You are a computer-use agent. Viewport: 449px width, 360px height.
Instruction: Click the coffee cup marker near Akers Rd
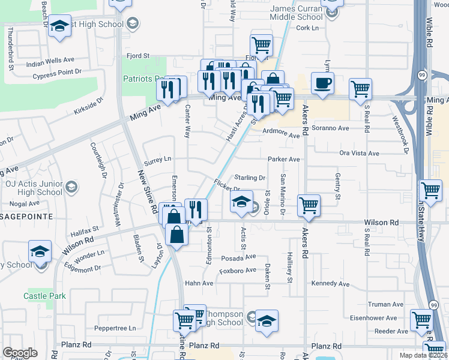pyautogui.click(x=323, y=84)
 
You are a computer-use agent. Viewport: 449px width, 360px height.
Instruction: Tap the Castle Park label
pyautogui.click(x=44, y=296)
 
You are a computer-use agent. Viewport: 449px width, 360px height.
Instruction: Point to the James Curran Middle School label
pyautogui.click(x=297, y=13)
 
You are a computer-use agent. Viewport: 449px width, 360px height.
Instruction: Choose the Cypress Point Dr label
pyautogui.click(x=57, y=72)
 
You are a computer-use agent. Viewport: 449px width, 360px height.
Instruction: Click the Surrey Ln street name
pyautogui.click(x=158, y=159)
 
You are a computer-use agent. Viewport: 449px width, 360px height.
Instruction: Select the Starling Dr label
pyautogui.click(x=250, y=178)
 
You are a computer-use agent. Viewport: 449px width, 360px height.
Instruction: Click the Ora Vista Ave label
pyautogui.click(x=359, y=153)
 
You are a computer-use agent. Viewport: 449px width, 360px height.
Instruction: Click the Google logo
pyautogui.click(x=20, y=352)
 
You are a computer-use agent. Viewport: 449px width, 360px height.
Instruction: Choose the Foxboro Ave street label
pyautogui.click(x=237, y=271)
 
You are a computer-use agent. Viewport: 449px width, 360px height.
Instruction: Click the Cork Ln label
pyautogui.click(x=307, y=28)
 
